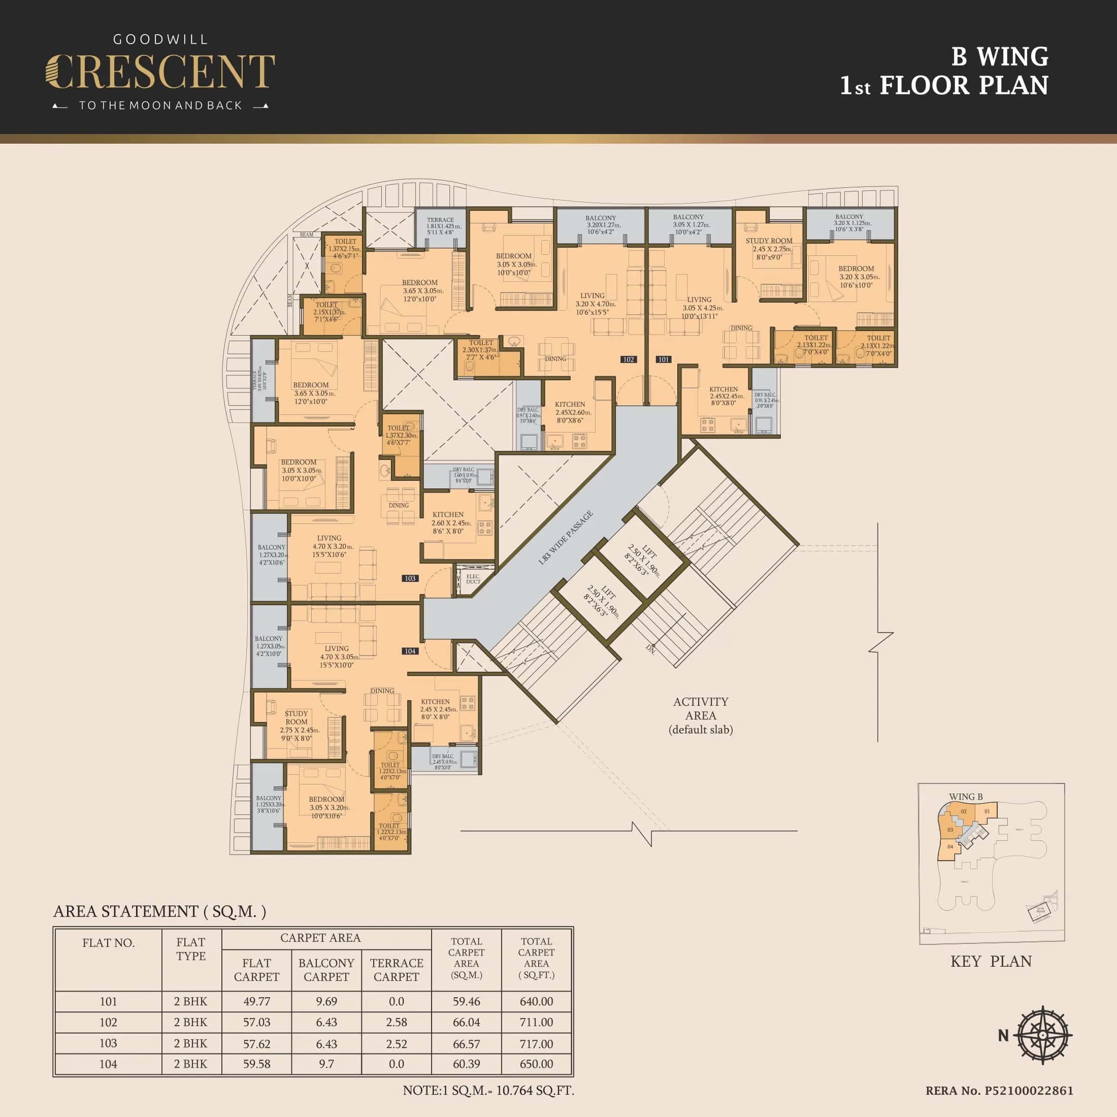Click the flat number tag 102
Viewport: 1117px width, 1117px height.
pyautogui.click(x=629, y=359)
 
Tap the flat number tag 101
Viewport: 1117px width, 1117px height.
pyautogui.click(x=663, y=359)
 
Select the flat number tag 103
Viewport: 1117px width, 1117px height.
pyautogui.click(x=410, y=578)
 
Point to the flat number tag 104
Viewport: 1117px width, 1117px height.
pyautogui.click(x=410, y=651)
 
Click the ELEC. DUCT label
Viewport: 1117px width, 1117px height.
pyautogui.click(x=473, y=579)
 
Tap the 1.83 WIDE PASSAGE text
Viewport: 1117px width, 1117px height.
pyautogui.click(x=566, y=538)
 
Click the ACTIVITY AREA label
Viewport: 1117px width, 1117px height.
pyautogui.click(x=701, y=708)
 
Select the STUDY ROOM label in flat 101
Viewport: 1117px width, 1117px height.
pyautogui.click(x=768, y=241)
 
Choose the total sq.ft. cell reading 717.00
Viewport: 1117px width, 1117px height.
pyautogui.click(x=536, y=1043)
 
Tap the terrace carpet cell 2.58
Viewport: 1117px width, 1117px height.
pyautogui.click(x=396, y=1022)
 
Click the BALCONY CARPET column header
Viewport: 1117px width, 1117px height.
pyautogui.click(x=326, y=970)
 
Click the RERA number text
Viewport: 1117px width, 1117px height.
pyautogui.click(x=999, y=1091)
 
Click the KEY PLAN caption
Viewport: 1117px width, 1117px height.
pyautogui.click(x=991, y=961)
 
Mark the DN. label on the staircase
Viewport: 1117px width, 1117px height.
pyautogui.click(x=651, y=649)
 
